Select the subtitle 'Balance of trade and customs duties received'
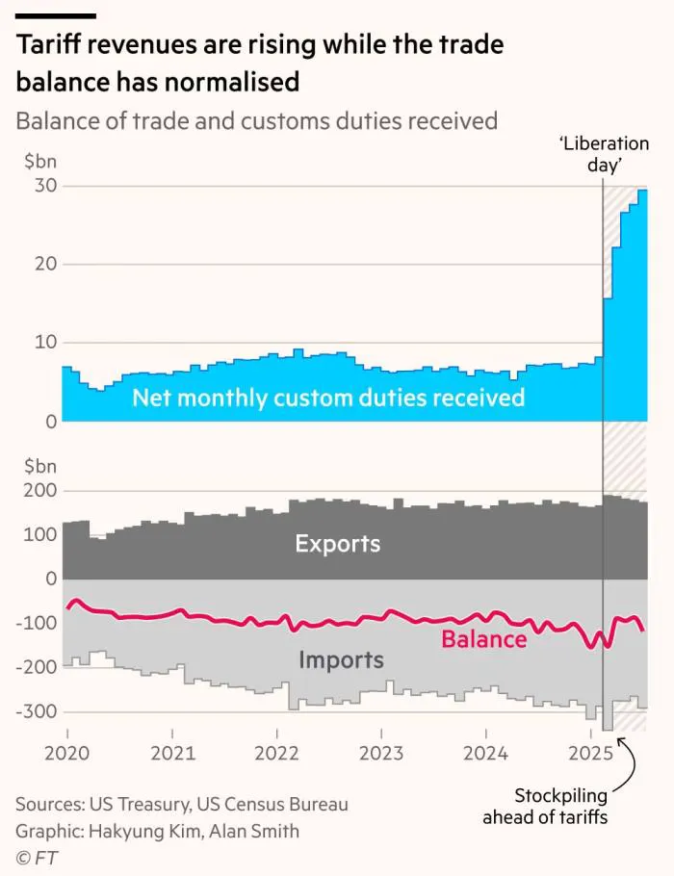point(256,121)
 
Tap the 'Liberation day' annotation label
point(604,154)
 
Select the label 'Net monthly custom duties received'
point(328,398)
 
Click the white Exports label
point(337,544)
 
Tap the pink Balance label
point(483,639)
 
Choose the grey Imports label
point(341,660)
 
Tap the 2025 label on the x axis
point(588,753)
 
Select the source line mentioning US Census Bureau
point(182,804)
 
